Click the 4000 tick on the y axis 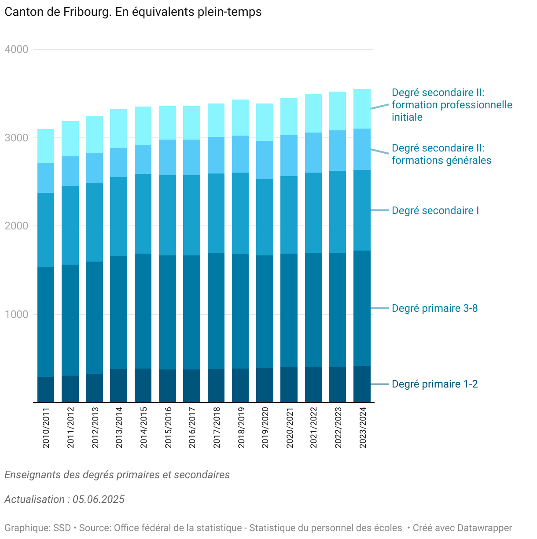click(16, 49)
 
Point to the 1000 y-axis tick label click(16, 314)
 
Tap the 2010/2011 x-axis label click(46, 428)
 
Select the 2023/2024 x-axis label click(363, 428)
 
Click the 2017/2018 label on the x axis click(217, 428)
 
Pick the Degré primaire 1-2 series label click(434, 384)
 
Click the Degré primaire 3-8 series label click(434, 308)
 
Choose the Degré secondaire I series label click(435, 210)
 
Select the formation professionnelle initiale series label click(452, 105)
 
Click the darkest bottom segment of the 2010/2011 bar click(46, 390)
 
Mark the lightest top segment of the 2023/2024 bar click(362, 109)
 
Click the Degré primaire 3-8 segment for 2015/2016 click(167, 313)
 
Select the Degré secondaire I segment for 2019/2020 click(265, 218)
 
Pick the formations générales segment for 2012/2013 click(94, 168)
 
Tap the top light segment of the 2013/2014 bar click(118, 129)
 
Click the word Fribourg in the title click(86, 12)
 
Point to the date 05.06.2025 click(99, 499)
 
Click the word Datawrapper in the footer click(485, 528)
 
